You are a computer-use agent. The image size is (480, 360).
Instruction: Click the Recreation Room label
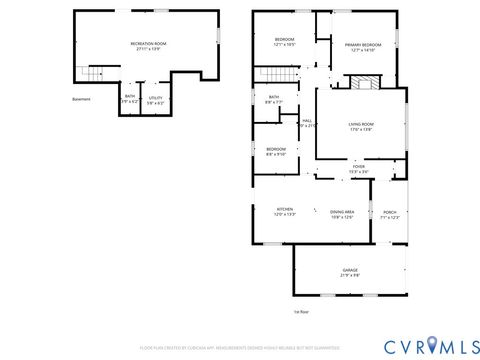pos(148,45)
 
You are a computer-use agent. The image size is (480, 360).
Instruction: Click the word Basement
pos(81,99)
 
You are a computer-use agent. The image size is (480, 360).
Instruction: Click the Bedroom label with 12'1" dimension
pos(285,41)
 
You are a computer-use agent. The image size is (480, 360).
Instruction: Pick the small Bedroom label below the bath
pos(276,152)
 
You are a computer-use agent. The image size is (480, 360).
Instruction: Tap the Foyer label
pos(358,169)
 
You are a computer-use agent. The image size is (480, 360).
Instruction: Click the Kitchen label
pos(285,212)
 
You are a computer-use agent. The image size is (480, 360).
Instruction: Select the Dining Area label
pos(342,212)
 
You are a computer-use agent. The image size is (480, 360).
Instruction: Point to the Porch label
pos(390,214)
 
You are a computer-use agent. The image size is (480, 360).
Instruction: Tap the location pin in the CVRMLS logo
pos(432,345)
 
